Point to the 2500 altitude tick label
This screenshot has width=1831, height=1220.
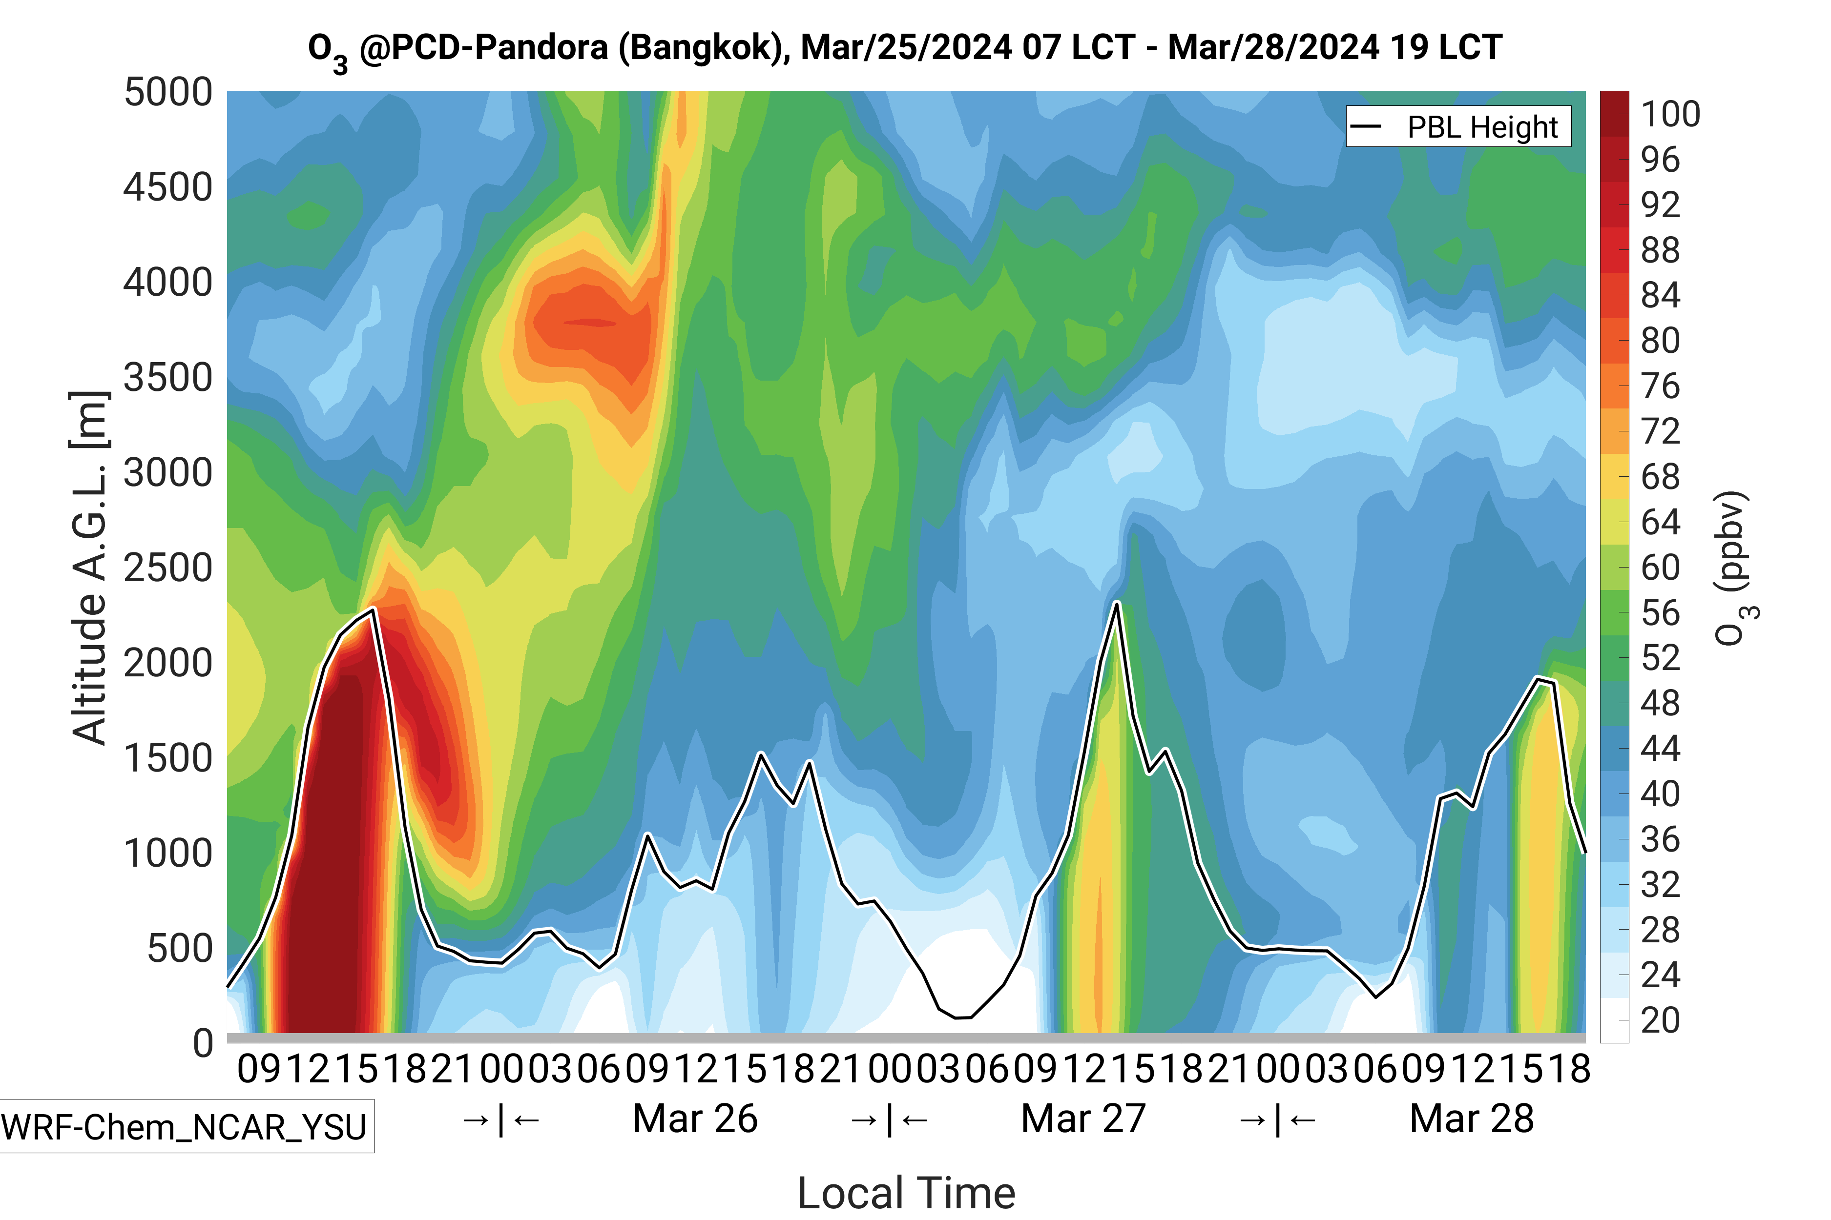tap(168, 568)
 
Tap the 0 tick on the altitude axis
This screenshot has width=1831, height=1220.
tap(203, 1042)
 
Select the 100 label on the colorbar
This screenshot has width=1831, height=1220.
tap(1670, 114)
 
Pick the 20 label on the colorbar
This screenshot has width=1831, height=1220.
tap(1660, 1020)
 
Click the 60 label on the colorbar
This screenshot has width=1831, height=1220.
tap(1660, 567)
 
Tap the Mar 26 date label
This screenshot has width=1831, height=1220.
tap(695, 1119)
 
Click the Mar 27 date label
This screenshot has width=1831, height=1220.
tap(1083, 1119)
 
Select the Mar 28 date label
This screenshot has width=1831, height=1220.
tap(1471, 1119)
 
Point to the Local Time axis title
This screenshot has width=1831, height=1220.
tap(906, 1193)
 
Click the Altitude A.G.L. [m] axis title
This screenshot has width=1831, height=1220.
tap(89, 568)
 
